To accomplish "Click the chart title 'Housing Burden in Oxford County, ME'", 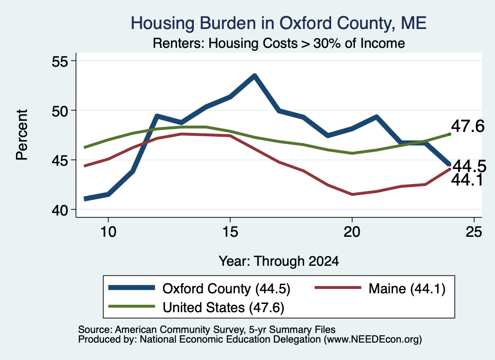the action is tap(278, 23).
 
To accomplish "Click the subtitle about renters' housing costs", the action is tap(279, 43).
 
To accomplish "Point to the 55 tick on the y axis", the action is tap(60, 61).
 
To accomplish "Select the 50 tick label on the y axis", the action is tap(60, 111).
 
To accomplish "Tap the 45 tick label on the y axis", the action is tap(60, 160).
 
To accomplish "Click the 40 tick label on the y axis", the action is tap(60, 210).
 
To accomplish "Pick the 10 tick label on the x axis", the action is tap(108, 232).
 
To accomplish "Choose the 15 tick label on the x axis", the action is tap(230, 232).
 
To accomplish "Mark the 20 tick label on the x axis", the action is tap(352, 232).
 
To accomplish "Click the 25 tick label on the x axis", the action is tap(474, 232).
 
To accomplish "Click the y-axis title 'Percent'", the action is tap(22, 135).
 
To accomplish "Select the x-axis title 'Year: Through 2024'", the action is tap(279, 261).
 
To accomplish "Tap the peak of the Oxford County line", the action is tap(254, 75).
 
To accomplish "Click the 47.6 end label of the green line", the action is tap(467, 127).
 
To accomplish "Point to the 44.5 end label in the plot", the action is tap(469, 166).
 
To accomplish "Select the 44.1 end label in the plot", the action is tap(467, 180).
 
